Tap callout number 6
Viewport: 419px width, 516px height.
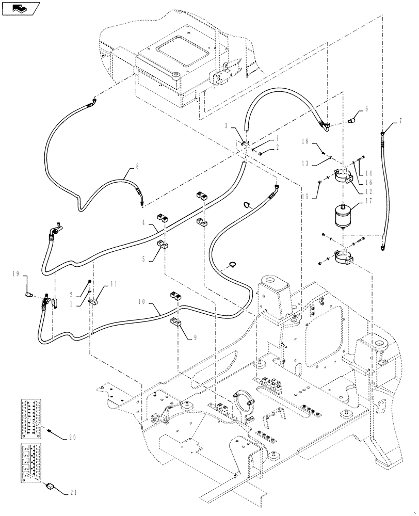(x=366, y=109)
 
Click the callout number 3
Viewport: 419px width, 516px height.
(x=227, y=125)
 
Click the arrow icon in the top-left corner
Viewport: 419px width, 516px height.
(x=19, y=9)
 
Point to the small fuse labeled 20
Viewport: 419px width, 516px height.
(x=50, y=430)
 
